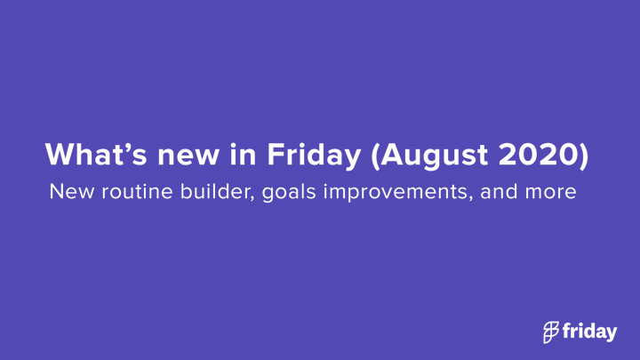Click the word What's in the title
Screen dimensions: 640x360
click(96, 155)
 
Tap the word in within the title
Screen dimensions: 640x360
click(243, 155)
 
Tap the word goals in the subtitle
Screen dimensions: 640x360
click(289, 192)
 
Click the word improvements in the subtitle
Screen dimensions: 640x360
click(395, 192)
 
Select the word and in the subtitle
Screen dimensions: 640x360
click(499, 191)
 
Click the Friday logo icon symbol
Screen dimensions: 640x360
click(551, 332)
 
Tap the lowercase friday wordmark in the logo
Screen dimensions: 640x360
click(590, 332)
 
